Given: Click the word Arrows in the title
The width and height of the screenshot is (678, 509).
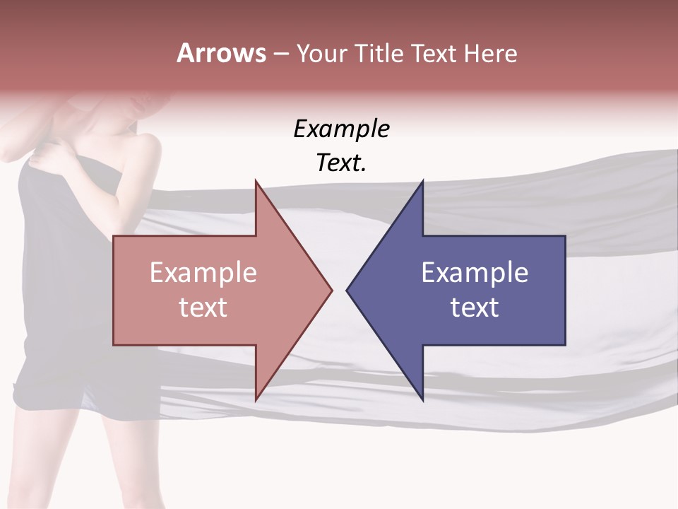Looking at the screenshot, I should pos(221,53).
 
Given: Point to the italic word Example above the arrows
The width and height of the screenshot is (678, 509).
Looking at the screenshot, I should pos(341,129).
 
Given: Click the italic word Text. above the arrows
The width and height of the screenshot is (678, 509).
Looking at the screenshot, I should pos(341,163).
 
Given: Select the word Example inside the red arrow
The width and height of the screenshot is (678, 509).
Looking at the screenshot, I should pos(203,272).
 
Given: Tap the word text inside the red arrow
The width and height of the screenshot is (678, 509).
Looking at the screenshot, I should pos(203,307).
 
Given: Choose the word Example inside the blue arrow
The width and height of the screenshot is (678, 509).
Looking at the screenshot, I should pos(475,272).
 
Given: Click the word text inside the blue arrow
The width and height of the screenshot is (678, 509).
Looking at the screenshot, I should pos(475,307).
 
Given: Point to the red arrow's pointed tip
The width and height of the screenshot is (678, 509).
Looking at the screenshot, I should pos(330,289).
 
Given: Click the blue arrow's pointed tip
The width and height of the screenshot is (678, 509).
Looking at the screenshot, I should pos(349,289).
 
